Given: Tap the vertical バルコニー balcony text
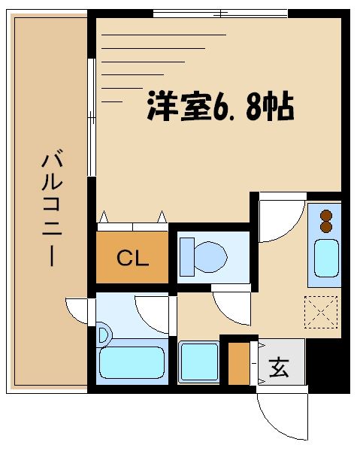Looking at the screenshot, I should (x=51, y=207).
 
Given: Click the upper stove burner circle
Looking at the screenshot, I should (x=326, y=213).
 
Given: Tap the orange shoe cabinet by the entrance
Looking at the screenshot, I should (x=238, y=364).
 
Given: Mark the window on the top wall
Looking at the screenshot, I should (x=220, y=13).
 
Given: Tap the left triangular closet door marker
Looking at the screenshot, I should (x=104, y=217).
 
